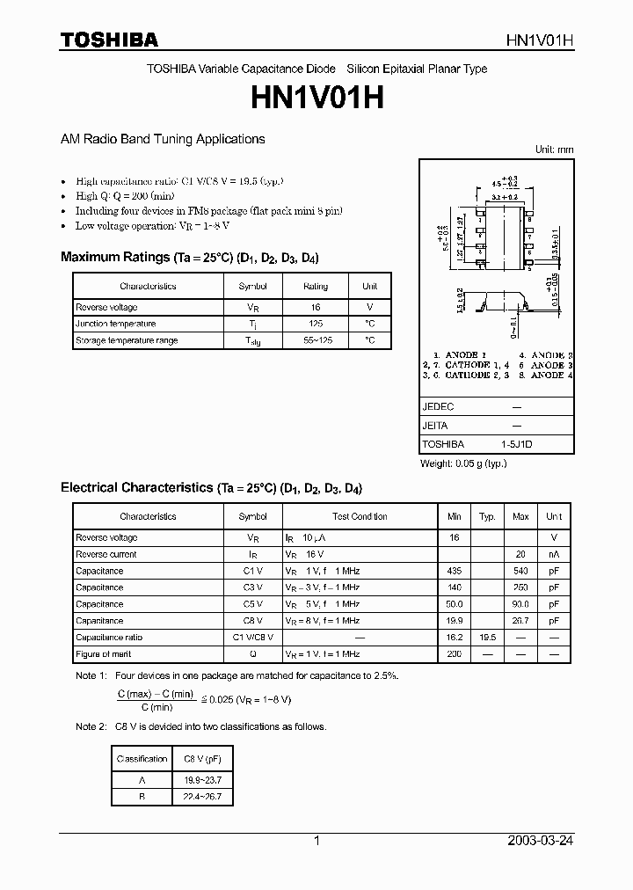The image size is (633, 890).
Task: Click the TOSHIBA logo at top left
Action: click(109, 40)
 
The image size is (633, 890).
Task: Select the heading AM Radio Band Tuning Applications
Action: click(163, 139)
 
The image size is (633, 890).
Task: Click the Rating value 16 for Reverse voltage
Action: click(316, 307)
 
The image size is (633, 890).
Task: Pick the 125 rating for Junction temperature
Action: click(316, 324)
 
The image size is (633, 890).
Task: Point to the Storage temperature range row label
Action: click(127, 340)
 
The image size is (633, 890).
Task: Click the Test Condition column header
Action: click(360, 516)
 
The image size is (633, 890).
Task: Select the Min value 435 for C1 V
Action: click(455, 571)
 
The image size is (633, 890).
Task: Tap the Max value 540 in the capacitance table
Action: click(520, 571)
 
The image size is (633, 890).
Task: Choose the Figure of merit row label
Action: click(104, 654)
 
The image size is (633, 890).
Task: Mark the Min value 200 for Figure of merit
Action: click(455, 654)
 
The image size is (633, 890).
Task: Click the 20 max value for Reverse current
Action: click(520, 554)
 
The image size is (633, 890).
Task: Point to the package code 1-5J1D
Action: click(517, 444)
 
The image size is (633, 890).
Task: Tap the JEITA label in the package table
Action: click(435, 426)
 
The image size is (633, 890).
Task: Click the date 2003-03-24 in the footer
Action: click(541, 841)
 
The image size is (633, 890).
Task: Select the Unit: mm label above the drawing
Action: click(554, 150)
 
